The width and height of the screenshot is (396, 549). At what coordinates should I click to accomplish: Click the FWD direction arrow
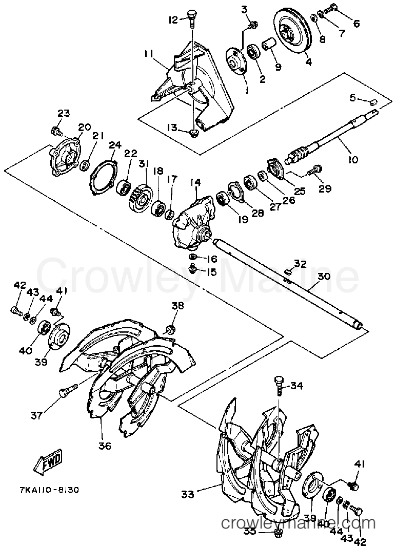tap(47, 461)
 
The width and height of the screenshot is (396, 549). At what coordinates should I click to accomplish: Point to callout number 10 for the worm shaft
tap(353, 160)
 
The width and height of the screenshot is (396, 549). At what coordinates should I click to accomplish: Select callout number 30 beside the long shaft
tap(324, 276)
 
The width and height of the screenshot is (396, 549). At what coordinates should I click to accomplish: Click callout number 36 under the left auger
tap(105, 446)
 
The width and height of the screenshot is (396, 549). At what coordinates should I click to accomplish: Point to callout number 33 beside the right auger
tap(188, 494)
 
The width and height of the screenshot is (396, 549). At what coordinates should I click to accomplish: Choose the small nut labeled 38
tap(170, 329)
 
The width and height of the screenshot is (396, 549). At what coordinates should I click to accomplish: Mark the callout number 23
tap(64, 113)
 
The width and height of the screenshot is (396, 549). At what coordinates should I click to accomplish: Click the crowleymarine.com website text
tap(298, 524)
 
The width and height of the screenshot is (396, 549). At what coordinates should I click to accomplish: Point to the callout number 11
tap(148, 53)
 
